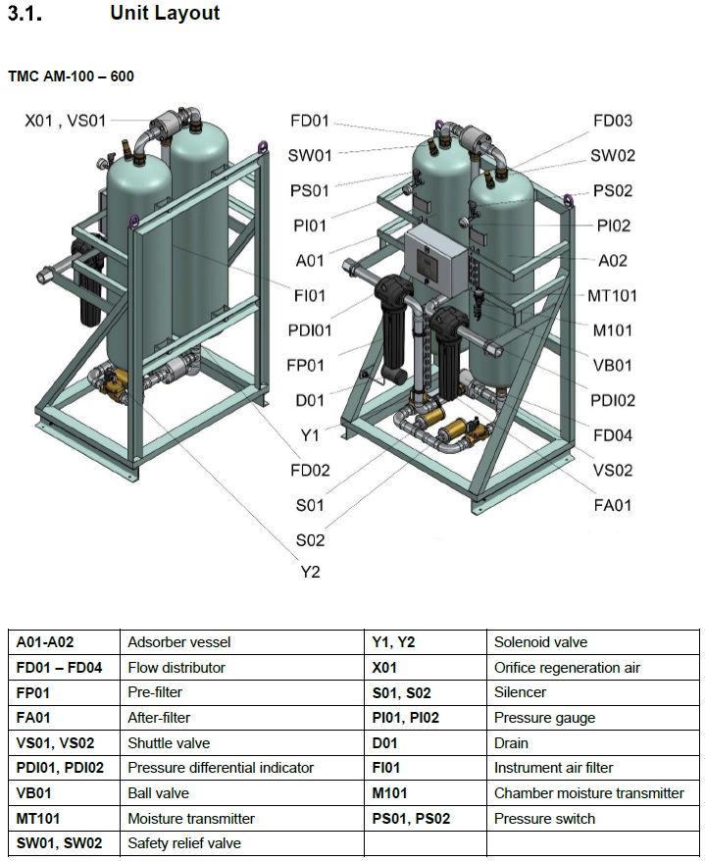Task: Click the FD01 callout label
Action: coord(310,121)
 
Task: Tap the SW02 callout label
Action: coord(613,155)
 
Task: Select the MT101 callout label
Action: coord(612,296)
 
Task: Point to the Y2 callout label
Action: coord(310,572)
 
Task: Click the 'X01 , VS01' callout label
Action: coord(66,121)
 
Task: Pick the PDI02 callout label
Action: coord(613,400)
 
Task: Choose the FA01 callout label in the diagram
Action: coord(613,505)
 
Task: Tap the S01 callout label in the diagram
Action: coord(310,505)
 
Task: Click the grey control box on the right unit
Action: coord(436,262)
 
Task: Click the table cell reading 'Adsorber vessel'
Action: coord(179,642)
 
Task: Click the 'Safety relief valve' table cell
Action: coord(184,843)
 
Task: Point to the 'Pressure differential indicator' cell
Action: coord(221,768)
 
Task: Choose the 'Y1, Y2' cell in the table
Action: coord(393,642)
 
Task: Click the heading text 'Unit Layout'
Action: coord(165,13)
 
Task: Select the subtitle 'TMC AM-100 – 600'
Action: coord(71,76)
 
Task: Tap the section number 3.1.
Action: coord(25,13)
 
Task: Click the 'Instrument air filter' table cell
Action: coord(553,768)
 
